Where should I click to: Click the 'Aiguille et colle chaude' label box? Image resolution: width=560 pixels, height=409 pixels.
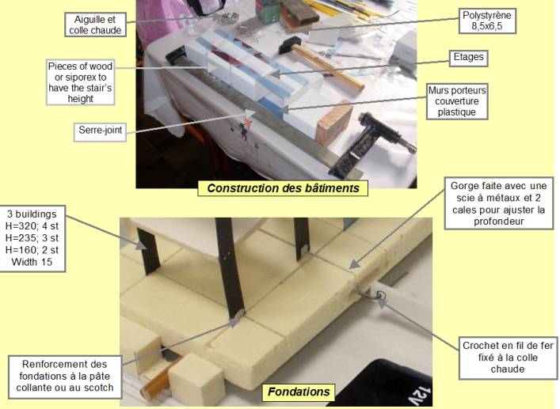pos(95,25)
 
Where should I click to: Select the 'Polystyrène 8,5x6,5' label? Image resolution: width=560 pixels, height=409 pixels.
pos(487,21)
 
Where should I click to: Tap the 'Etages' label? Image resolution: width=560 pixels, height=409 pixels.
pos(468,57)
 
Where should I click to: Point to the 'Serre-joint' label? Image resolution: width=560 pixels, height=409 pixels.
pos(101,131)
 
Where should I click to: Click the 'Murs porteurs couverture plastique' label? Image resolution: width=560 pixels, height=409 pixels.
pos(457,101)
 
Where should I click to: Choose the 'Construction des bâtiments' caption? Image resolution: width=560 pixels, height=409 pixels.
pos(283,188)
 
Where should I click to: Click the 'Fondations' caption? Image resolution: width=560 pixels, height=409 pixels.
pos(299,392)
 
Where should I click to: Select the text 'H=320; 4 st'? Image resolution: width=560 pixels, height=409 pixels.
pos(32,226)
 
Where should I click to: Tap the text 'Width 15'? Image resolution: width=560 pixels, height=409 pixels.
pos(32,262)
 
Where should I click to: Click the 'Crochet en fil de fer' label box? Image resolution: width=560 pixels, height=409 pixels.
pos(508,358)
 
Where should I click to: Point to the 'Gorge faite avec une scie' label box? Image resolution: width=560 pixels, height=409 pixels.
pos(498,203)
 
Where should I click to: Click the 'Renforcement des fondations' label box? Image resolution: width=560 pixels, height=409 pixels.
pos(65,377)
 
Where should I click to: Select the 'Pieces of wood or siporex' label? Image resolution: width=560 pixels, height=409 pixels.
pos(80,82)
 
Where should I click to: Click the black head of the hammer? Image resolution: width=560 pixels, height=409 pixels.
pos(288,45)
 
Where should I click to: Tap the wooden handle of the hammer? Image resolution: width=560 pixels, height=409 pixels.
pos(328,67)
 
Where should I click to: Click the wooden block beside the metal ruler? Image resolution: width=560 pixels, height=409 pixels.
pos(334,123)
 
